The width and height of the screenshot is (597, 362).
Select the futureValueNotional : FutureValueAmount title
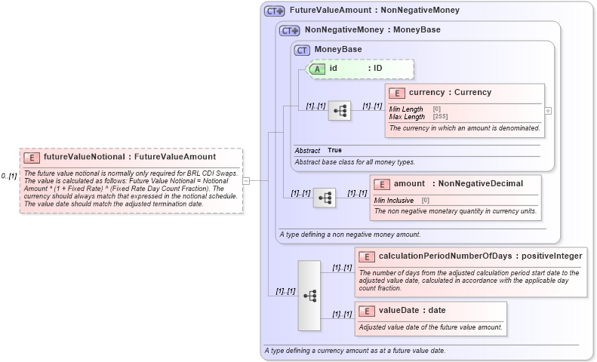coord(129,157)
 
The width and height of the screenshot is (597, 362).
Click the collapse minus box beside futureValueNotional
coord(246,180)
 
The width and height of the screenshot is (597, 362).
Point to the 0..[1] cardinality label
coord(9,176)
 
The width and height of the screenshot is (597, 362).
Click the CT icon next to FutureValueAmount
coord(274,11)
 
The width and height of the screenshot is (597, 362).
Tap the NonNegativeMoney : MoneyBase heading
coord(372,30)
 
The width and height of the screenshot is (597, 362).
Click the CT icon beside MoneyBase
coord(302,50)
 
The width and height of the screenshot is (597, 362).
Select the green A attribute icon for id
coord(318,69)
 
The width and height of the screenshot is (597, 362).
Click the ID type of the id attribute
coord(375,69)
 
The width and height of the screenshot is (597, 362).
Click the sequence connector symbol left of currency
coord(340,111)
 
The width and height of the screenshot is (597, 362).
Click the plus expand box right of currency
coord(548,110)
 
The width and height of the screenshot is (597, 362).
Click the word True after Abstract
coord(334,150)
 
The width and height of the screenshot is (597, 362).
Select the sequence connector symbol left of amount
coord(325,198)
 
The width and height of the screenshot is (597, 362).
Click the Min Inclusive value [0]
coord(425,200)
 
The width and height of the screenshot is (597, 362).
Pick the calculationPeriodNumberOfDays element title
coord(480,256)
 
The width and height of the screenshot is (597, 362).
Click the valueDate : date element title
coord(412,310)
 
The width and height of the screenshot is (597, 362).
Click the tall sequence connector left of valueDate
coord(309,295)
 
